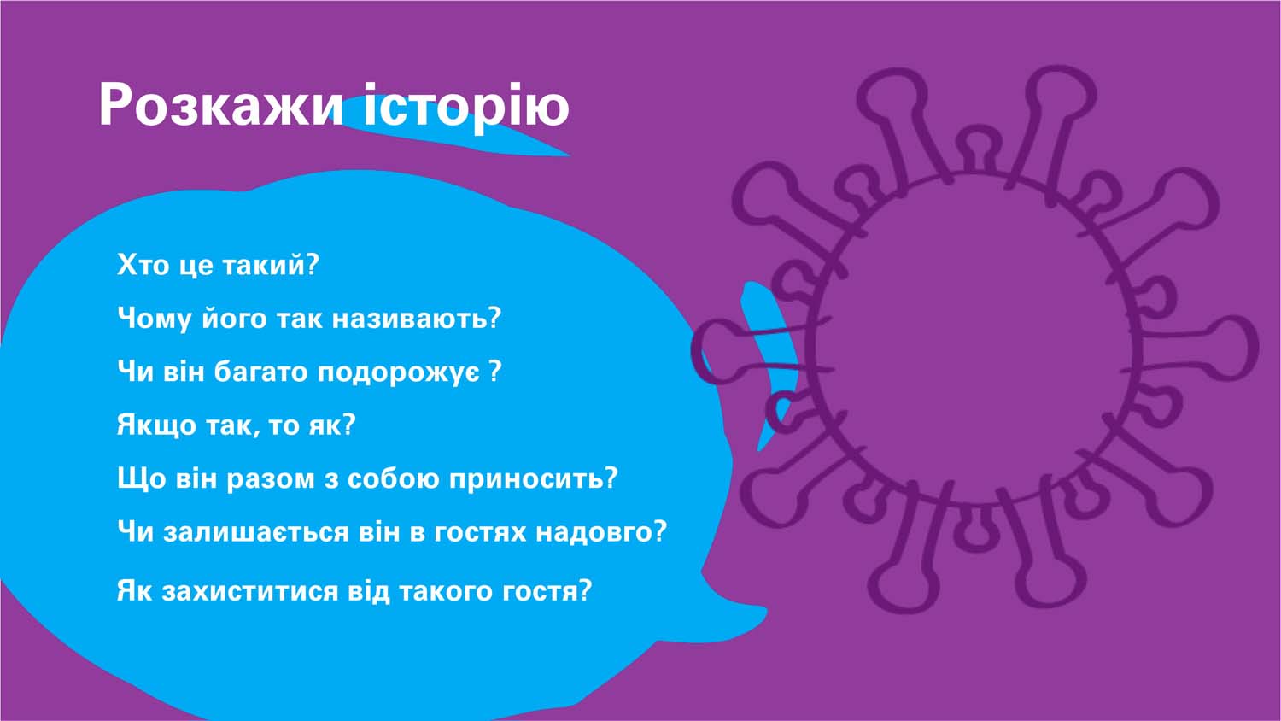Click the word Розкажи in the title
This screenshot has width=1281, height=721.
[x=220, y=105]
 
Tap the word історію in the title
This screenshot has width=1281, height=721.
[x=466, y=107]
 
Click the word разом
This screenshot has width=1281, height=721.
[x=270, y=479]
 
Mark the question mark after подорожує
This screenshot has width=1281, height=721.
[x=495, y=371]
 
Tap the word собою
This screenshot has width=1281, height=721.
[x=393, y=479]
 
